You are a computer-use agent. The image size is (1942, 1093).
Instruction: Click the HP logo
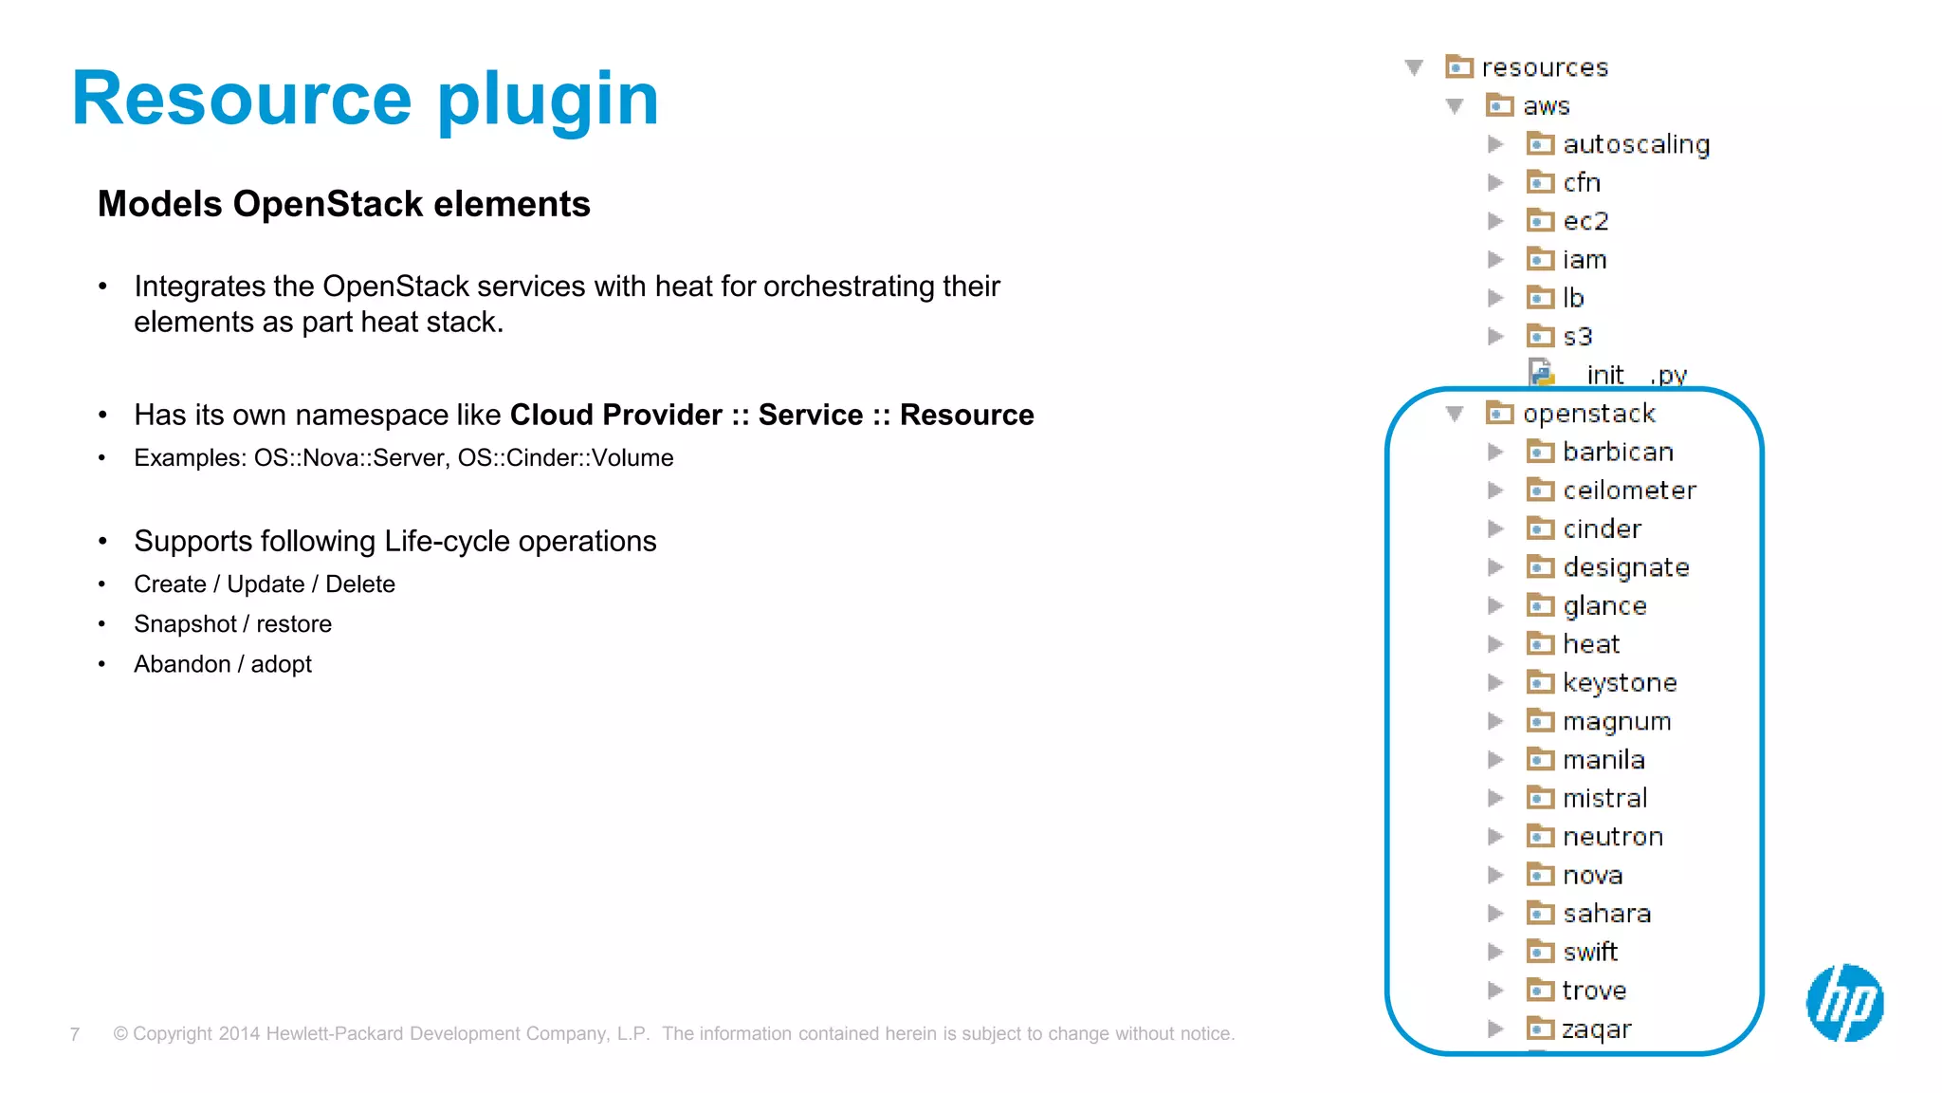click(1844, 1002)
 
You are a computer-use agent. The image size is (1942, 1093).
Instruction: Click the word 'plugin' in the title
click(547, 100)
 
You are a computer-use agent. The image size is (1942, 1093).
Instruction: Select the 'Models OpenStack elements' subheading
click(343, 204)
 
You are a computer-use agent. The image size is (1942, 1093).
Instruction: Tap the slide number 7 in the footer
click(75, 1034)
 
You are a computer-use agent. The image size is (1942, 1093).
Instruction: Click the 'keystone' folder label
click(1620, 683)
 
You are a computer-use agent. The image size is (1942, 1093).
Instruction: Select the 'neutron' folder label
click(1613, 837)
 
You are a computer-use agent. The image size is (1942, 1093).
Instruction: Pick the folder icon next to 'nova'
click(1540, 874)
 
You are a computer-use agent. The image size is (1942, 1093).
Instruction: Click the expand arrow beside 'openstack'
click(1455, 414)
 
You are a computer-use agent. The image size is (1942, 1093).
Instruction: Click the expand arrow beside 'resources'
click(1414, 67)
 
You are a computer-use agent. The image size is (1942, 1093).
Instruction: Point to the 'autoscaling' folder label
click(1636, 144)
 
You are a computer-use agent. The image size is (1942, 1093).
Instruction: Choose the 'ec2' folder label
click(1585, 221)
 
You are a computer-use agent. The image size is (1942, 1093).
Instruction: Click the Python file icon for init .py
click(1542, 373)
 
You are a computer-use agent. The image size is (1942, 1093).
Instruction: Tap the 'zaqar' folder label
click(1597, 1029)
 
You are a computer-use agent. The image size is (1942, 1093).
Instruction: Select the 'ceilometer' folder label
click(1629, 491)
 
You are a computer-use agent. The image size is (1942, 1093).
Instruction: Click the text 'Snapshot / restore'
click(232, 624)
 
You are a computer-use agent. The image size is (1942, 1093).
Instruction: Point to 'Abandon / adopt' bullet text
click(223, 664)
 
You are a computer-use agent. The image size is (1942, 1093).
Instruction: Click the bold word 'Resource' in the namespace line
click(966, 415)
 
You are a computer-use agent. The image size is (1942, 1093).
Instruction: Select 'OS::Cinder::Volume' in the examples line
click(565, 457)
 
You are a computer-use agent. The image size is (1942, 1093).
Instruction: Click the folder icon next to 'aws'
click(1499, 105)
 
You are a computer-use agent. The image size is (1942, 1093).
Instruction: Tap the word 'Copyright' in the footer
click(173, 1034)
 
